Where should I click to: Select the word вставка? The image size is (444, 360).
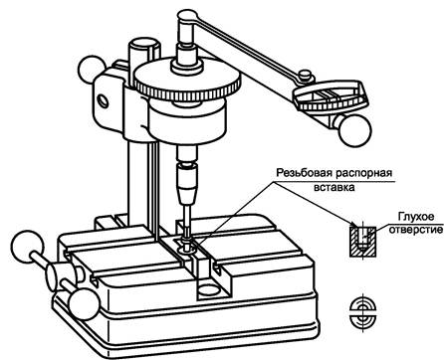333,187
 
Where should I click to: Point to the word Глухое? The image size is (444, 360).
416,217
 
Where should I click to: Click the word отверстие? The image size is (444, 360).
416,230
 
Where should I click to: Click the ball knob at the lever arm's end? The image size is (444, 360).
354,129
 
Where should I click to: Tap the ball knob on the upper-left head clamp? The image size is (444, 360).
92,71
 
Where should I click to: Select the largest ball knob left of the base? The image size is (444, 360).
27,247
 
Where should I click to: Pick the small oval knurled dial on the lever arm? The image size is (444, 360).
331,96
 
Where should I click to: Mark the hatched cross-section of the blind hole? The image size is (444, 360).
363,242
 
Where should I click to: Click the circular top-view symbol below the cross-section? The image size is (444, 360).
363,312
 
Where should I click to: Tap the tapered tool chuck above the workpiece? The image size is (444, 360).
187,183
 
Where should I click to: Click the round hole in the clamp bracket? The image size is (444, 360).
104,100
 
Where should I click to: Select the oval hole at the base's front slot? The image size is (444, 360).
209,289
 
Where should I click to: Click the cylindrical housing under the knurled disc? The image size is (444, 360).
187,121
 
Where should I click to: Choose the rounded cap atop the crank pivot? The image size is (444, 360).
187,16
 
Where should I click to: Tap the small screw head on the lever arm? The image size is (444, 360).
306,75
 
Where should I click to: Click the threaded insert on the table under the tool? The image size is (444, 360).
187,247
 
